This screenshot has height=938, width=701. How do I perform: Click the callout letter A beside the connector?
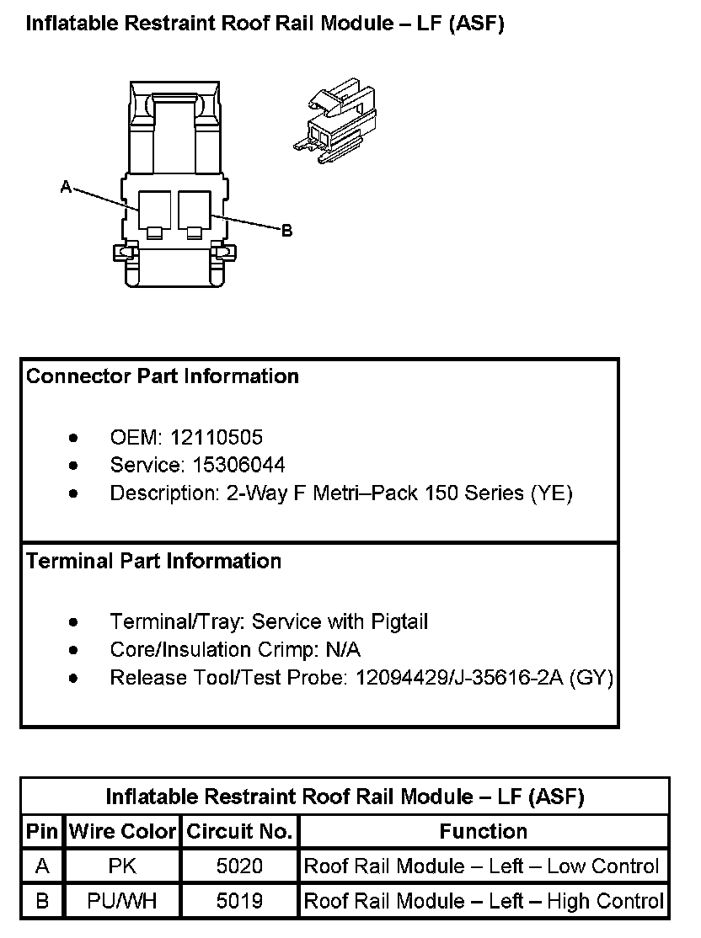66,187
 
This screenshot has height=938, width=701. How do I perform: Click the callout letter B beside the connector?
286,230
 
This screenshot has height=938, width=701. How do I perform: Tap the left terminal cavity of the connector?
154,211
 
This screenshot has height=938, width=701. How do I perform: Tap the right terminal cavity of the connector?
195,211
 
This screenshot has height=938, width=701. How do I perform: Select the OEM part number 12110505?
217,438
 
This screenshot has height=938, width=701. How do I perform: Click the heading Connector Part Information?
163,376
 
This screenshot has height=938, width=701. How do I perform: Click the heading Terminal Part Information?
154,561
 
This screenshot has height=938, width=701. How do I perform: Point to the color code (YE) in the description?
550,493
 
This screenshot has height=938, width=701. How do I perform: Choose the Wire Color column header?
122,832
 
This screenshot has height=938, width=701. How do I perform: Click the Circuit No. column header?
239,832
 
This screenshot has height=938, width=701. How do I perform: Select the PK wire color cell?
122,866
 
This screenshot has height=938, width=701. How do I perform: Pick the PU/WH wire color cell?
122,901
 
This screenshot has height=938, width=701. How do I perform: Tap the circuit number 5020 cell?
239,866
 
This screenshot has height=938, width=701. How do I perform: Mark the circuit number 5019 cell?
239,901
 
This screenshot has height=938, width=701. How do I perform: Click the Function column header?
483,832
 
